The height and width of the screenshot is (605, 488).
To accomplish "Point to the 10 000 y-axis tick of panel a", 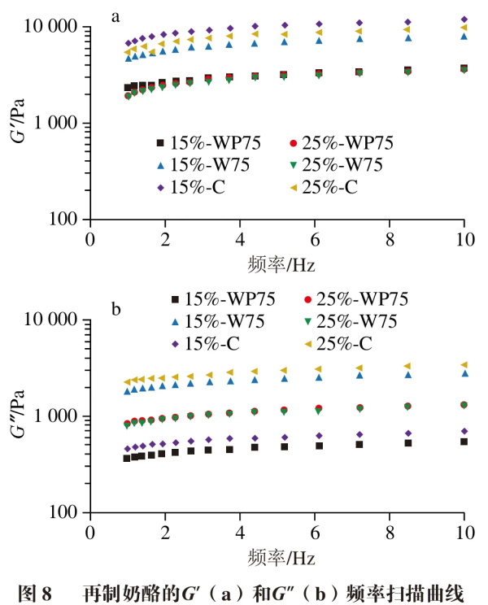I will (x=54, y=28).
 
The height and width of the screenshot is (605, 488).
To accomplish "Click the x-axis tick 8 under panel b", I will (x=389, y=531).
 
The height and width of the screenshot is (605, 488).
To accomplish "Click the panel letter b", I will (x=116, y=309).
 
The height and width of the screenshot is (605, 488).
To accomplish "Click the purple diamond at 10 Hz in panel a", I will (x=464, y=19).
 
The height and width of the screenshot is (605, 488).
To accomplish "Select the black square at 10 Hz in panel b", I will (x=464, y=442).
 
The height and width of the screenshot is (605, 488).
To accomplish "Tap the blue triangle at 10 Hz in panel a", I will (x=464, y=36).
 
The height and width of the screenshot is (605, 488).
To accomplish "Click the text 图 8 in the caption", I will (x=33, y=591).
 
